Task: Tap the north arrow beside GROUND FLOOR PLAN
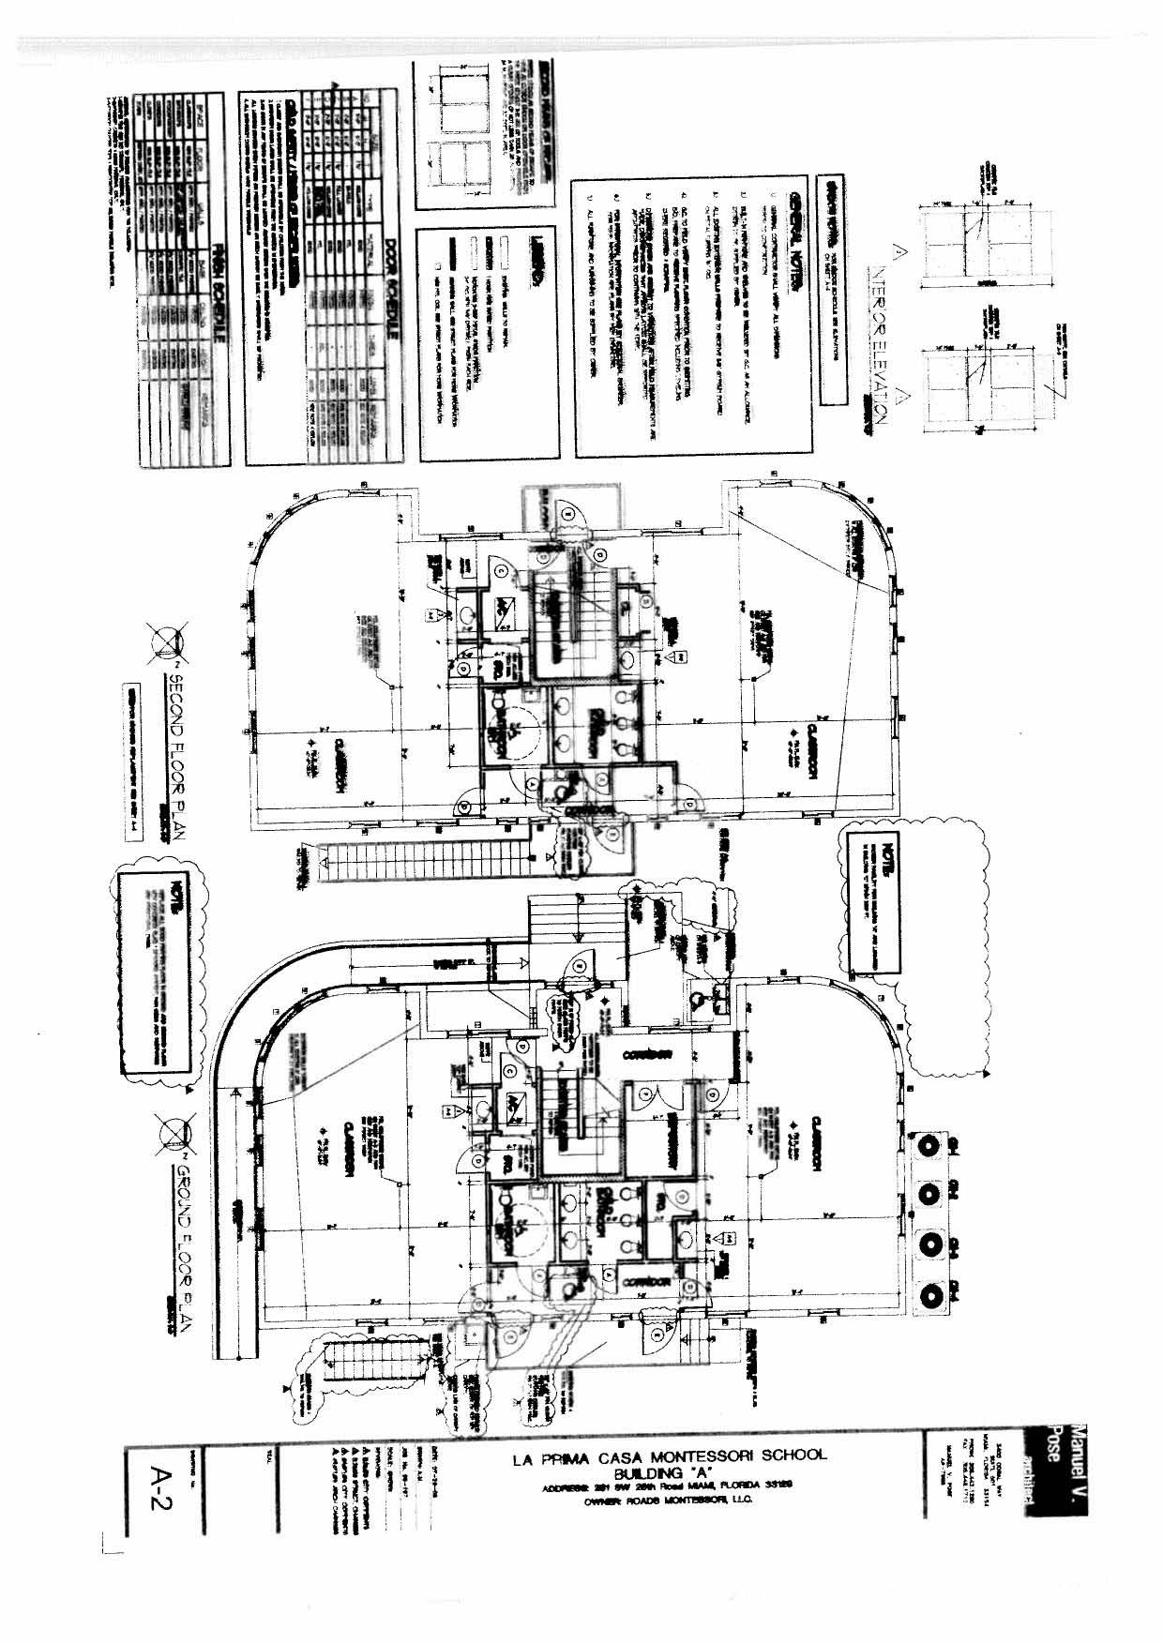[x=174, y=1134]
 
